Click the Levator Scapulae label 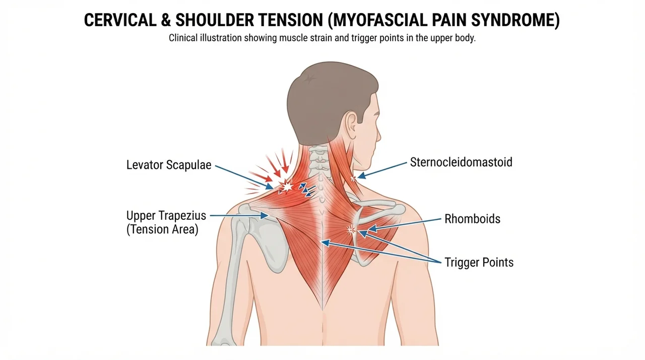pos(169,165)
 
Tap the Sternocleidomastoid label pos(461,162)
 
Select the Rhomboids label pos(472,219)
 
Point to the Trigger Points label pos(479,262)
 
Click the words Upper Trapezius pos(166,216)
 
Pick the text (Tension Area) pos(162,229)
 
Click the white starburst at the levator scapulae pos(287,187)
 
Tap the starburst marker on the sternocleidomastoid pos(353,178)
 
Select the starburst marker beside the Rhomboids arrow pos(350,230)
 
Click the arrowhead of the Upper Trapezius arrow pos(265,215)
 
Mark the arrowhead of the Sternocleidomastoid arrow pos(361,175)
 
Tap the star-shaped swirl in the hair pos(309,79)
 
